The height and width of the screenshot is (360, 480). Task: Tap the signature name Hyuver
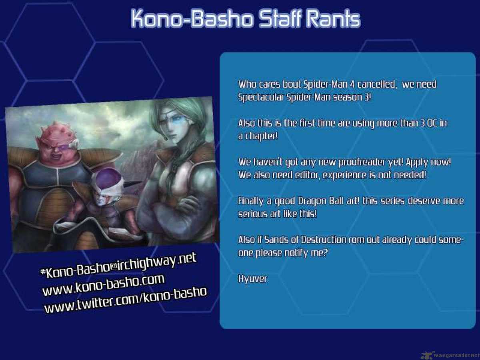click(252, 279)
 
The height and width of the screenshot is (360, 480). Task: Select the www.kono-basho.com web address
click(103, 285)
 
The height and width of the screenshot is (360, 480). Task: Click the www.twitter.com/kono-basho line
click(126, 300)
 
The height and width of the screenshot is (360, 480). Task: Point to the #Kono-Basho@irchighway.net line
click(118, 266)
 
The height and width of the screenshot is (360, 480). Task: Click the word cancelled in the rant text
click(377, 84)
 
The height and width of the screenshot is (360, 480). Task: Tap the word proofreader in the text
click(362, 162)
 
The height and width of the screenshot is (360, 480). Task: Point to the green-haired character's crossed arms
click(175, 208)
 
